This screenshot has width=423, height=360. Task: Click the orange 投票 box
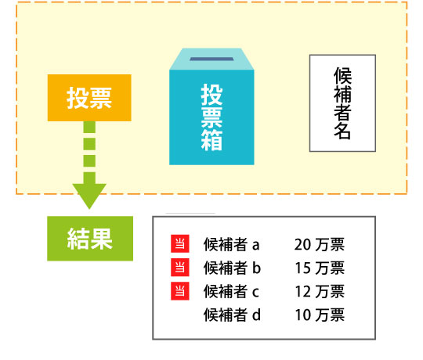[x=89, y=98]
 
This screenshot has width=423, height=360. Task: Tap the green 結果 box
[x=90, y=239]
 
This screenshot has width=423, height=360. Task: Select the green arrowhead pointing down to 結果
[x=89, y=196]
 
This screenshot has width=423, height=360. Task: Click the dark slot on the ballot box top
[x=211, y=59]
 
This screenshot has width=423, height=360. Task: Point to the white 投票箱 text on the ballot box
[x=211, y=117]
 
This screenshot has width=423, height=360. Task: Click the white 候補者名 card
[x=342, y=103]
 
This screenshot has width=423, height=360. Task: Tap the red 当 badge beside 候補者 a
[x=180, y=243]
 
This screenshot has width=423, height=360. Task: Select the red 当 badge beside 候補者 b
[x=180, y=268]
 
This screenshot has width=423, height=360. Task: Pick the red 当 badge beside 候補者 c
[x=180, y=291]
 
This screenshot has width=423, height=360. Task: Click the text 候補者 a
[x=231, y=244]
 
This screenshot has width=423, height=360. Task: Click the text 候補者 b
[x=232, y=268]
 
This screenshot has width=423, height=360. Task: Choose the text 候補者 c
[x=231, y=291]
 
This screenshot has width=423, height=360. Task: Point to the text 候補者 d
[x=232, y=315]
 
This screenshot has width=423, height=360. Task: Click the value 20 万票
[x=320, y=244]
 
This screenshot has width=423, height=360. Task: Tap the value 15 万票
[x=320, y=268]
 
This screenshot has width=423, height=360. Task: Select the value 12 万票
[x=320, y=291]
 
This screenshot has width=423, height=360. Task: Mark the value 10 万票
[x=320, y=315]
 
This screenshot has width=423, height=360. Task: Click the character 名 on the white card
[x=342, y=131]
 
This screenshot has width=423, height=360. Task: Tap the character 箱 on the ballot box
[x=211, y=140]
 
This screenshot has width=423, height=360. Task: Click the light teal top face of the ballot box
[x=211, y=59]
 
